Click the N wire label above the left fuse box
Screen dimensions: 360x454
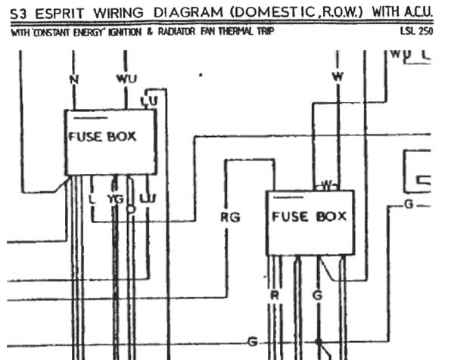point(73,78)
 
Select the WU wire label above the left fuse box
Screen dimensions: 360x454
point(126,78)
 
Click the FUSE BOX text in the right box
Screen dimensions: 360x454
point(309,217)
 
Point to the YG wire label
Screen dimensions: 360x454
point(115,198)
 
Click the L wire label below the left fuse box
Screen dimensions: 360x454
point(92,198)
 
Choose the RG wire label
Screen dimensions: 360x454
point(229,218)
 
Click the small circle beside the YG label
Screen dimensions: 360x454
point(129,208)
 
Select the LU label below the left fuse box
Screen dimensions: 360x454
point(148,198)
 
